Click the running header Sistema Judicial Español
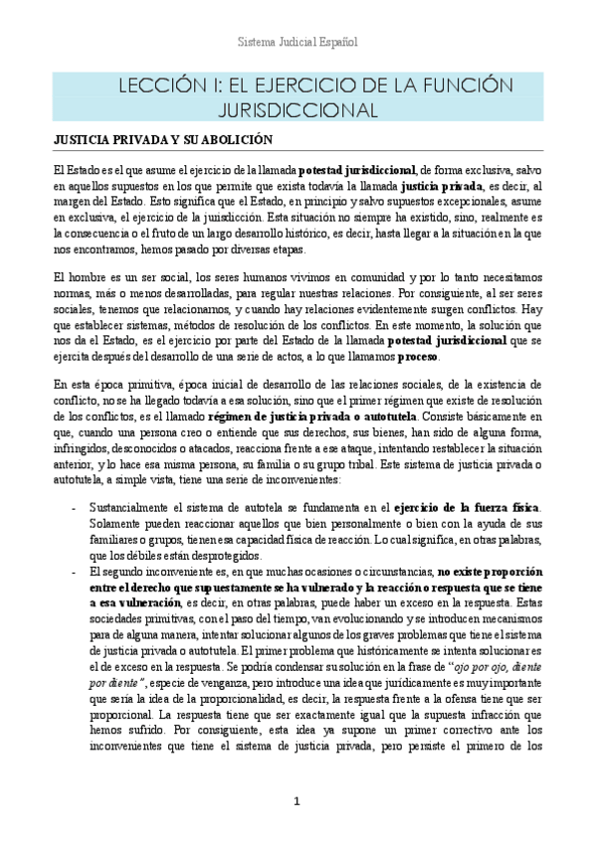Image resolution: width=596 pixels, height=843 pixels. (x=298, y=44)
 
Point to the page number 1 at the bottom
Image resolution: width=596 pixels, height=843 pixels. (x=297, y=802)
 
